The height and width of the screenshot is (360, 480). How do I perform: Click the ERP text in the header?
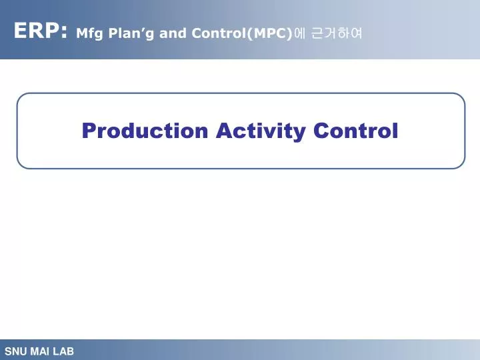[37, 31]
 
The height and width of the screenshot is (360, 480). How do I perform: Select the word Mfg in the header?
[87, 33]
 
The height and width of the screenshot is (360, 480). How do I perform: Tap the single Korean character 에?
[299, 33]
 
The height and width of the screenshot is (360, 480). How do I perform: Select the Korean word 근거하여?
[337, 33]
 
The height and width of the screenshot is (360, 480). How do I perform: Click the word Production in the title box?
[145, 131]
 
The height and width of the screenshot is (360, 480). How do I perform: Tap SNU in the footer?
[15, 351]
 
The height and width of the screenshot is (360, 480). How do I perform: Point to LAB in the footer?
[63, 351]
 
